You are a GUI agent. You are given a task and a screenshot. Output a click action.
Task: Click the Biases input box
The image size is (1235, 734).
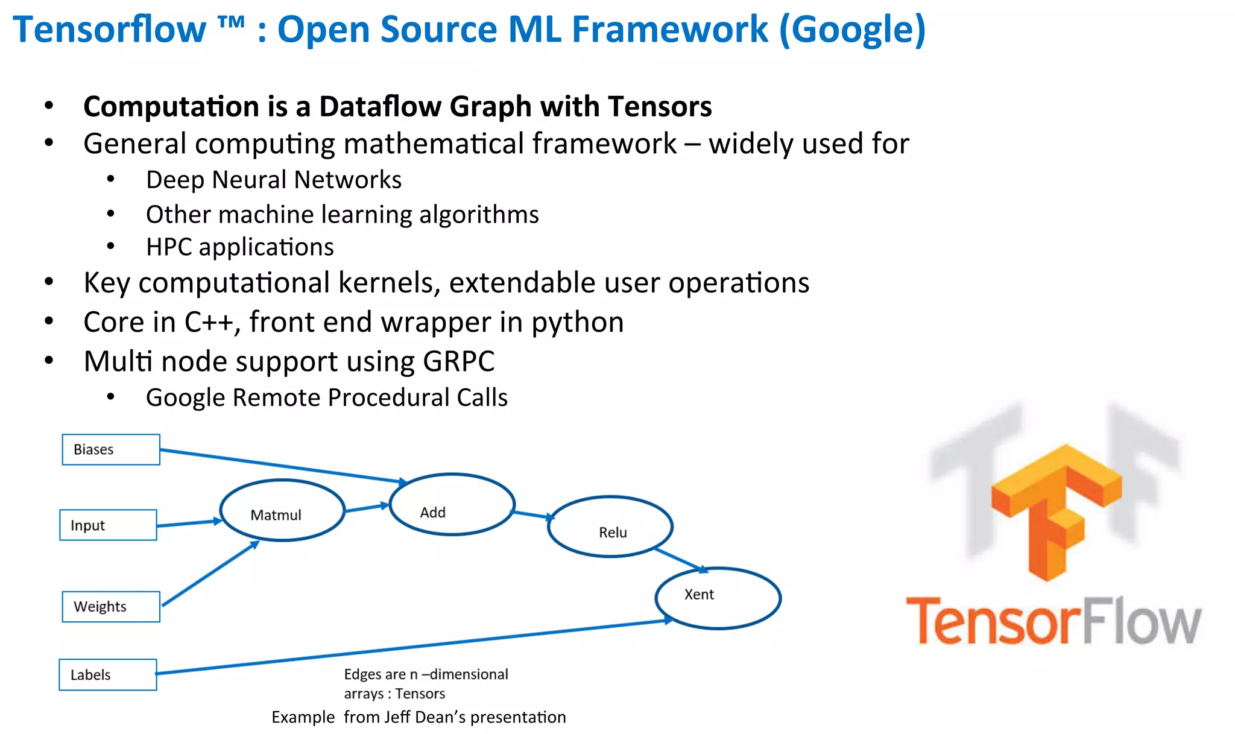111,449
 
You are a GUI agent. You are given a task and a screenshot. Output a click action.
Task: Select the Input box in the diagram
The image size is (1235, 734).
108,525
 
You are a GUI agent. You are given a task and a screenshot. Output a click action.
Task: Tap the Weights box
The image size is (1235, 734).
111,606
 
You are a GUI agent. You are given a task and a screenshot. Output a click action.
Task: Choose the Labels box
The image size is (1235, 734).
107,674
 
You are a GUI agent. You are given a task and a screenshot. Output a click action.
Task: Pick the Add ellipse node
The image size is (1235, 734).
452,504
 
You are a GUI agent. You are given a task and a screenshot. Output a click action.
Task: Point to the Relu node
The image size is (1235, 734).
610,526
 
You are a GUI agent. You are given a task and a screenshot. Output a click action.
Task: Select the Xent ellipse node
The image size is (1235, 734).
718,598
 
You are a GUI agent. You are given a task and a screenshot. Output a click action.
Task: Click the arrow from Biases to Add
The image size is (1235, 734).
283,466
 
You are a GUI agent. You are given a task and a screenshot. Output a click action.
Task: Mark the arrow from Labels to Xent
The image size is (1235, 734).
410,647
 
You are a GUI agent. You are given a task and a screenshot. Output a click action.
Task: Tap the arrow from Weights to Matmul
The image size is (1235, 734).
211,573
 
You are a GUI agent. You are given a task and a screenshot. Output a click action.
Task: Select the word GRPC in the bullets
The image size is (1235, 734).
458,361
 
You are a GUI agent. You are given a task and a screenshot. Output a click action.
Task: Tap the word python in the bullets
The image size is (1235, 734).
577,322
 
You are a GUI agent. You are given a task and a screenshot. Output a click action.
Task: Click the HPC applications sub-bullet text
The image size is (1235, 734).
239,247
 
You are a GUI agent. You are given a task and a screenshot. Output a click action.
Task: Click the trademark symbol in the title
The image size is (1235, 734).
231,23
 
